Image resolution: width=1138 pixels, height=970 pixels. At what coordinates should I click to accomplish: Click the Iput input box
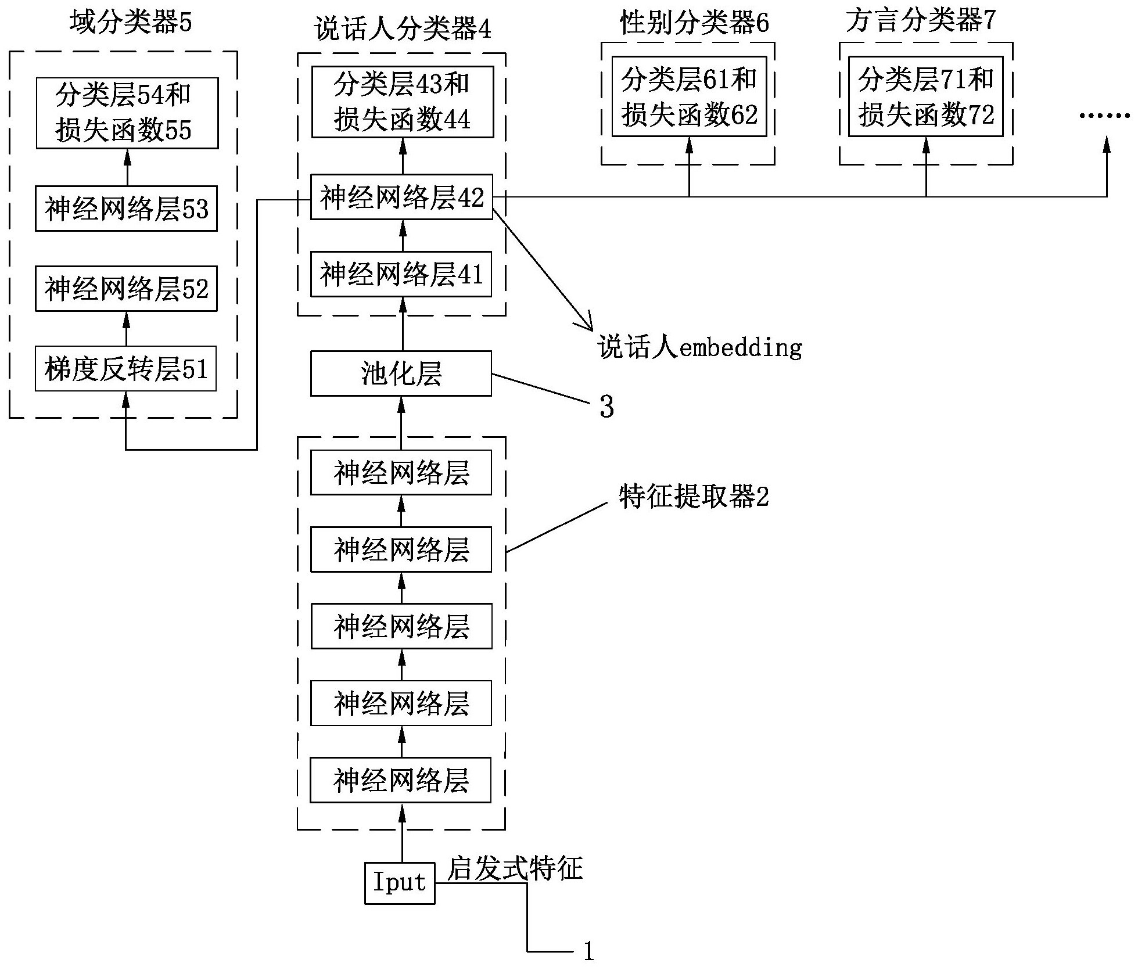(400, 883)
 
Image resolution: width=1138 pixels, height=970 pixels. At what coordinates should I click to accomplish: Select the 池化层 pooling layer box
(401, 373)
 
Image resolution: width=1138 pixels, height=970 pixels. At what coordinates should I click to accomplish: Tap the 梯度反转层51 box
(125, 369)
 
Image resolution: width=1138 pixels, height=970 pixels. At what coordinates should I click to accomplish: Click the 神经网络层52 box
(126, 289)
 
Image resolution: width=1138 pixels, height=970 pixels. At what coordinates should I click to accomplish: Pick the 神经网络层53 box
(126, 209)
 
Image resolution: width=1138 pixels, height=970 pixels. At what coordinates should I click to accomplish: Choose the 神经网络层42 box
(401, 197)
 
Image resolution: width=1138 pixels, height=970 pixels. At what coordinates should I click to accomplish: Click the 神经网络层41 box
(401, 274)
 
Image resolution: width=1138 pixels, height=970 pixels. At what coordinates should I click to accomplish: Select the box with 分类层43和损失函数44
(402, 102)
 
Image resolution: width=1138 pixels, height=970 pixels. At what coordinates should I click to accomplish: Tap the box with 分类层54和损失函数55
(127, 113)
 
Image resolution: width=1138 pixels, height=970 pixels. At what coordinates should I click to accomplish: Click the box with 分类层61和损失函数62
(689, 96)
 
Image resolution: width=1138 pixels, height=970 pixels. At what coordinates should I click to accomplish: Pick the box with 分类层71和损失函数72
(925, 96)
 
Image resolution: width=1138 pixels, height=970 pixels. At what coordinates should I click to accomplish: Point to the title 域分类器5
(131, 23)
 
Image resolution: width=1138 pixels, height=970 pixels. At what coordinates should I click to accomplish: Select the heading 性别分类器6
(694, 23)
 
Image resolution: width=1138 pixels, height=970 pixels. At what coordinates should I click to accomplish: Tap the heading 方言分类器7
(921, 21)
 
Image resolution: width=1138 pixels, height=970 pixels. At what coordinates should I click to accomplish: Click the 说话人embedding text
(700, 348)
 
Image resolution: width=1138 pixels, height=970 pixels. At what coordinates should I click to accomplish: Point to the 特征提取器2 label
(694, 497)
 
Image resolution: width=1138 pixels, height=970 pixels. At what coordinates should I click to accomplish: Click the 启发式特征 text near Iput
(515, 869)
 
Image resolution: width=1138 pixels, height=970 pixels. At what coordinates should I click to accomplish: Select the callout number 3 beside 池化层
(606, 407)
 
